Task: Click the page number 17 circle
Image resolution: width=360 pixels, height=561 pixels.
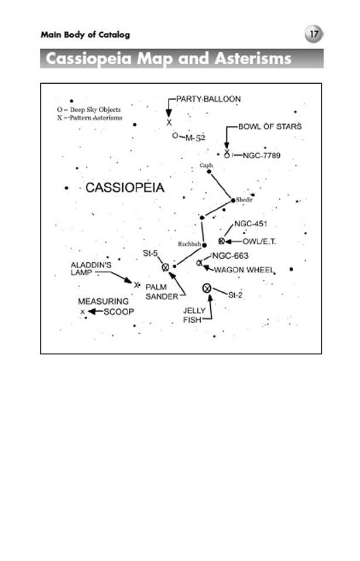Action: tap(313, 35)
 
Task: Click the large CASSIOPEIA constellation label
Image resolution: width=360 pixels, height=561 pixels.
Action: tap(125, 188)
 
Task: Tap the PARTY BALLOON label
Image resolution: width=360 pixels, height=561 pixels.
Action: tap(208, 99)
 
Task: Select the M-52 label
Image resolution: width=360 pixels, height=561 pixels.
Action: tap(196, 138)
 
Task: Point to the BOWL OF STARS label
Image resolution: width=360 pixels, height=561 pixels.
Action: tap(270, 126)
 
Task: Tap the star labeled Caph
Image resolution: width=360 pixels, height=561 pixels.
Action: tap(208, 172)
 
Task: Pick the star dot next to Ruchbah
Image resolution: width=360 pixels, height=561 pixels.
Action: tap(204, 245)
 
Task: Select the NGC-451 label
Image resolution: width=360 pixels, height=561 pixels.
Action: tap(251, 224)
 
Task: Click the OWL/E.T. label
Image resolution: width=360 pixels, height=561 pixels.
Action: tap(259, 241)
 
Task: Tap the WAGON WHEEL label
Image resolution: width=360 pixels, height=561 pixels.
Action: tap(244, 270)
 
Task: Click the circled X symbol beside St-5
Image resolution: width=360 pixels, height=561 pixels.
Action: tap(165, 267)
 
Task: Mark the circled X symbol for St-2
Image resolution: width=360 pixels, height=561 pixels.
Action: tap(207, 288)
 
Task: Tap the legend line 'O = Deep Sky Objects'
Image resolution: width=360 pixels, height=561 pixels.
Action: tap(88, 110)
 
